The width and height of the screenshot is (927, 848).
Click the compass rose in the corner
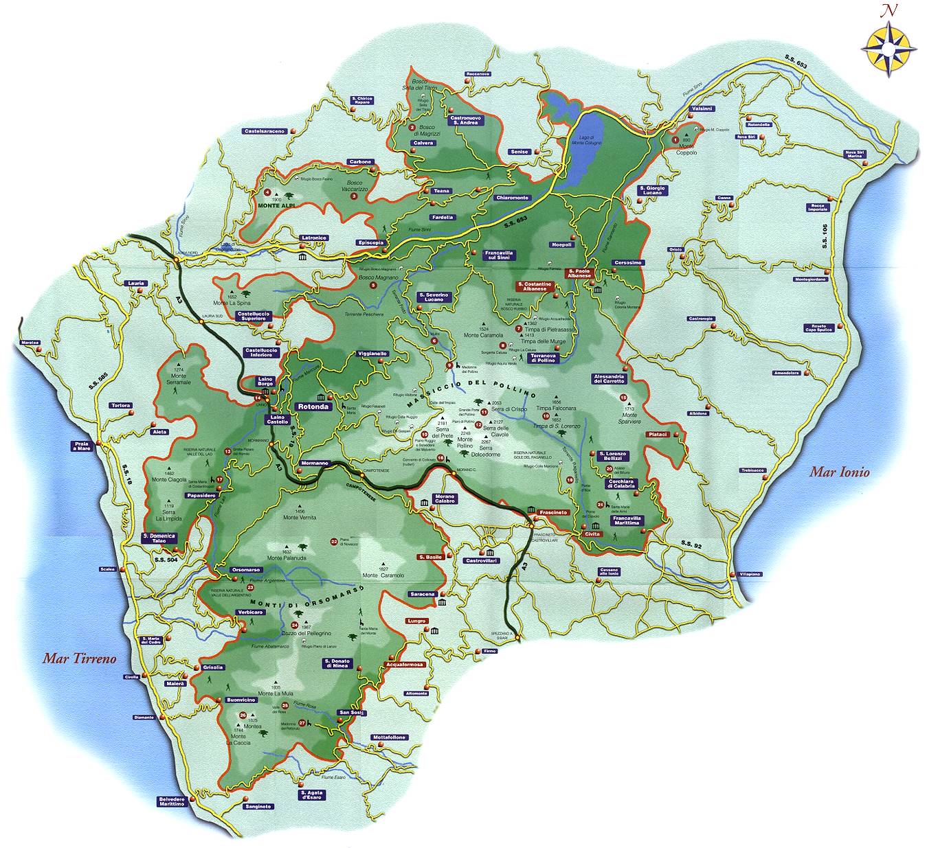pos(889,47)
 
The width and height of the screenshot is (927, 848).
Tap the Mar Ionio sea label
pos(839,472)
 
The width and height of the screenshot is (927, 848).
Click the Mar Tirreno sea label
pos(80,658)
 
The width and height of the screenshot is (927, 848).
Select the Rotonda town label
pos(313,406)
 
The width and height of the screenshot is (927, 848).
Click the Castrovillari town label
pos(481,561)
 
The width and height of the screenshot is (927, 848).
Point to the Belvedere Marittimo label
pos(172,801)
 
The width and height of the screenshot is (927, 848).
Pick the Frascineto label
pos(553,512)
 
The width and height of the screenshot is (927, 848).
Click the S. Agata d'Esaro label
pos(311,795)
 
